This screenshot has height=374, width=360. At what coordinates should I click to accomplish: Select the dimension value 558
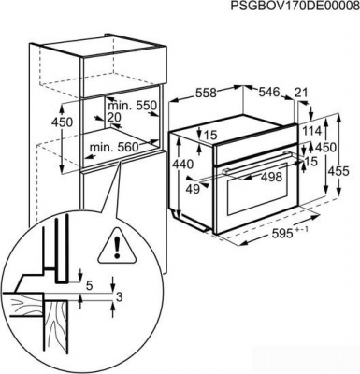pyautogui.click(x=206, y=93)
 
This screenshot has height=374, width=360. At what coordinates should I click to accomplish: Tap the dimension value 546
pyautogui.click(x=269, y=92)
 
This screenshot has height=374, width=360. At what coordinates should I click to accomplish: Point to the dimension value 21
pyautogui.click(x=301, y=93)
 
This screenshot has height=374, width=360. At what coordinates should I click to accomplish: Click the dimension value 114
pyautogui.click(x=312, y=131)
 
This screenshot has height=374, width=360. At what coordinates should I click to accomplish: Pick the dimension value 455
pyautogui.click(x=338, y=171)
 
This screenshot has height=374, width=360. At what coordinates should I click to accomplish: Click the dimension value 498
pyautogui.click(x=271, y=177)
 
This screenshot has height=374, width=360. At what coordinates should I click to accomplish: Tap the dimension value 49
pyautogui.click(x=193, y=189)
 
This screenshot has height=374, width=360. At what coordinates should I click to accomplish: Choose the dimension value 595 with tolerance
pyautogui.click(x=290, y=232)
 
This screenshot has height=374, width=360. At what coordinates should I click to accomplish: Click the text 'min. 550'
pyautogui.click(x=132, y=106)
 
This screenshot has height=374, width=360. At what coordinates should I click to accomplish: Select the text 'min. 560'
pyautogui.click(x=114, y=147)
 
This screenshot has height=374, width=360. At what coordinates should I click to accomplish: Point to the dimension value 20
pyautogui.click(x=113, y=118)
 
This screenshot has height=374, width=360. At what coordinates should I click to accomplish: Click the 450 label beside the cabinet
pyautogui.click(x=62, y=122)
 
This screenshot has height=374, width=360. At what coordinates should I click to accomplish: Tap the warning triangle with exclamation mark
pyautogui.click(x=117, y=247)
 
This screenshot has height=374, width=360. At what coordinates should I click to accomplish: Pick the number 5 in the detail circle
pyautogui.click(x=90, y=285)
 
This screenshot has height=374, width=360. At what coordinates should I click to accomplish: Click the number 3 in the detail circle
pyautogui.click(x=119, y=297)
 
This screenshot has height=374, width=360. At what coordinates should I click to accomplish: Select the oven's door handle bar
pyautogui.click(x=258, y=161)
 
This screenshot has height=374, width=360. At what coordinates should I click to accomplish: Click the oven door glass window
pyautogui.click(x=258, y=189)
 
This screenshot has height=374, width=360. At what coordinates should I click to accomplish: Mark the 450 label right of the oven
pyautogui.click(x=326, y=147)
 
